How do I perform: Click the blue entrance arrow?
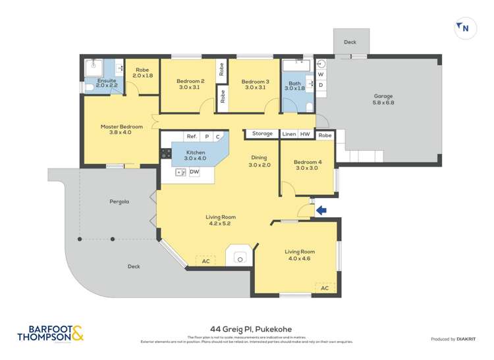tap(321, 211)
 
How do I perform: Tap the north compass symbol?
tap(464, 28)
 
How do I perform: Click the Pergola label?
tap(119, 201)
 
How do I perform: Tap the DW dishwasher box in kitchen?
tap(194, 172)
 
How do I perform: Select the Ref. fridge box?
tap(192, 136)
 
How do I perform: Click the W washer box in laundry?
tap(321, 74)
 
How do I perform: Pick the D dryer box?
tap(321, 86)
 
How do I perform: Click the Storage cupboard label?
tap(262, 134)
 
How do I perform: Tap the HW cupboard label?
tap(305, 134)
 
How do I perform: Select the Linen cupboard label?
tap(288, 134)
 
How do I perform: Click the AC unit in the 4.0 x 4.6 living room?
tap(325, 288)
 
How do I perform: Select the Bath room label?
tap(294, 84)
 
